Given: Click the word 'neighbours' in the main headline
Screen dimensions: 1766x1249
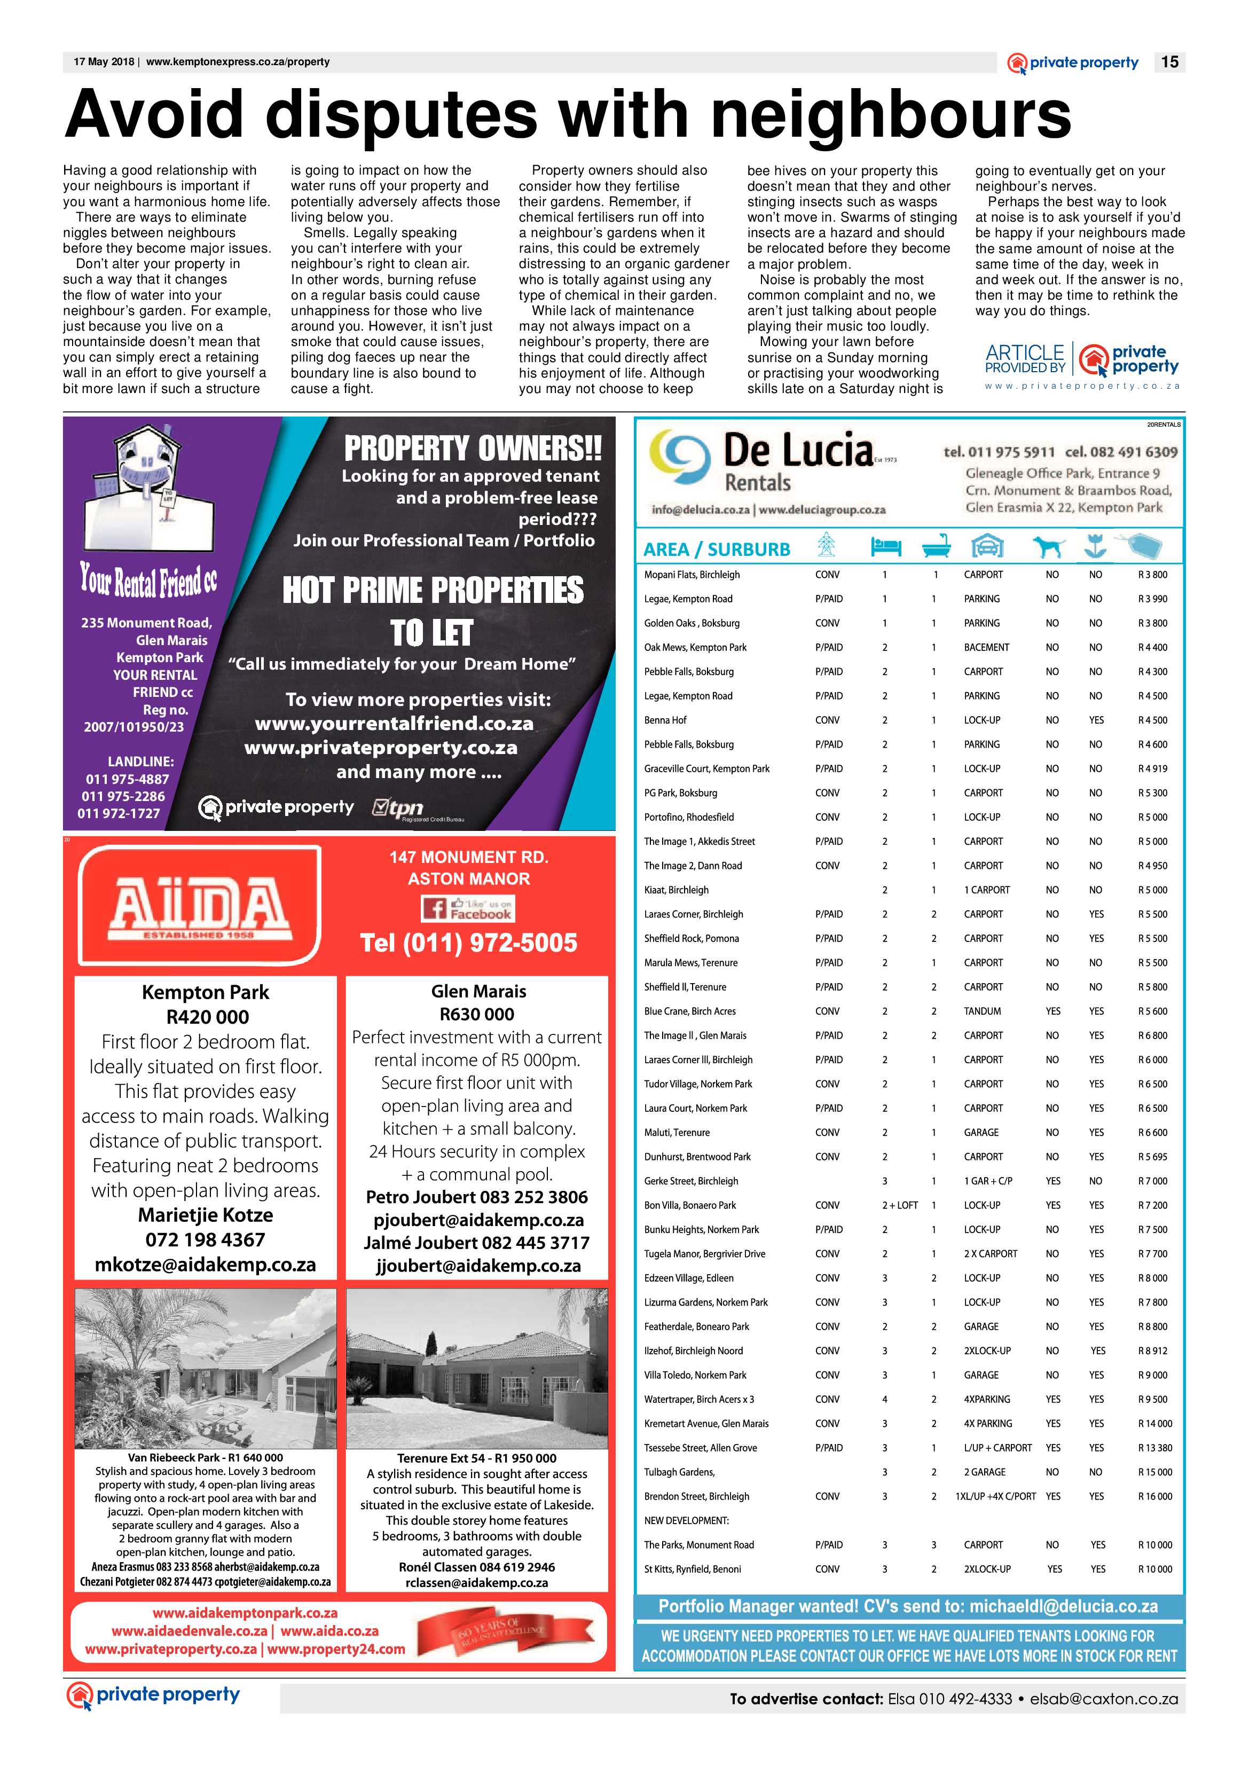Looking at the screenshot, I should tap(891, 115).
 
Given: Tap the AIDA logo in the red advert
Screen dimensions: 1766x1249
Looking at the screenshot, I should tap(200, 905).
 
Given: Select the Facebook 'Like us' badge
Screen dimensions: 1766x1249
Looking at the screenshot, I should tap(468, 909).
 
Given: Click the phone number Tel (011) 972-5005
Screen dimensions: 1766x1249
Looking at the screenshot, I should tap(468, 943).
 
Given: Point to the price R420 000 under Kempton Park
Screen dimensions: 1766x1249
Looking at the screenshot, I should tap(208, 1017).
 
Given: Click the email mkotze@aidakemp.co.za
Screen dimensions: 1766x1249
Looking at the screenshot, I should tap(206, 1265).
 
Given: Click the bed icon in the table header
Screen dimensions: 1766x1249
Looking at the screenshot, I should tap(885, 547).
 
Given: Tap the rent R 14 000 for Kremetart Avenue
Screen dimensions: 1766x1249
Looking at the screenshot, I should tap(1154, 1424).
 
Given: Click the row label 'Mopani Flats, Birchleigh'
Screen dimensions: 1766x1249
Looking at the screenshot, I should tap(692, 575).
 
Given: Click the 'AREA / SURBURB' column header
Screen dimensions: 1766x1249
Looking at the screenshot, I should tap(716, 549).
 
